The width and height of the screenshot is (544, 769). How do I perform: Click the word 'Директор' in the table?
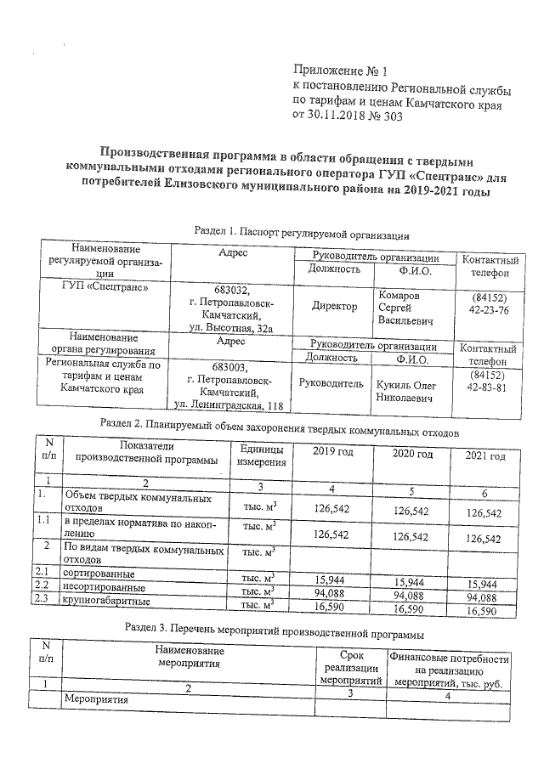(334, 306)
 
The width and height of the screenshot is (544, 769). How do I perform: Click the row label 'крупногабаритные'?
(107, 602)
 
